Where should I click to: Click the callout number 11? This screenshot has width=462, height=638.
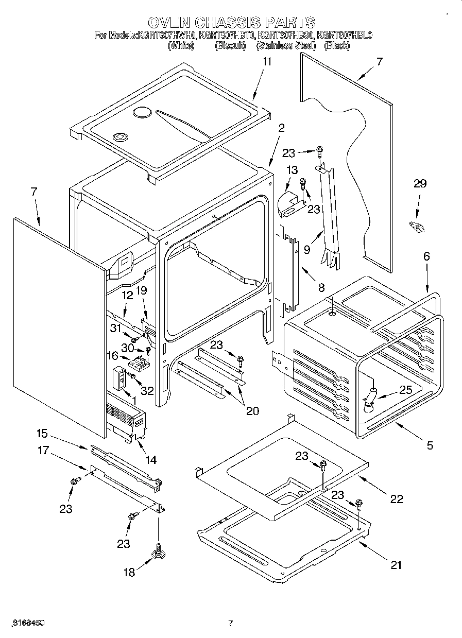[266, 61]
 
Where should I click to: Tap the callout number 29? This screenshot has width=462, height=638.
[420, 184]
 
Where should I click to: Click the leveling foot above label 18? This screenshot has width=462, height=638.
[159, 552]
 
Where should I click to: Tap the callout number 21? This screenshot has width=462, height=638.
[395, 565]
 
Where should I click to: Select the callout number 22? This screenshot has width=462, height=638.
[396, 498]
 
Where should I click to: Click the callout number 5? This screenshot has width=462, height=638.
[430, 445]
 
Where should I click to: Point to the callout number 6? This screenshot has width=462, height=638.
[426, 256]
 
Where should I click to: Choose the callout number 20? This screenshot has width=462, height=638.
[252, 410]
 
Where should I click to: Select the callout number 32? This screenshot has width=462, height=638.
[147, 391]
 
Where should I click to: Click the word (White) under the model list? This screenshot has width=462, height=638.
[181, 46]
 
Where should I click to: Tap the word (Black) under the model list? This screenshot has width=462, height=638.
[337, 46]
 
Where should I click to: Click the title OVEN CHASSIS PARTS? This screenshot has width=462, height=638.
[231, 22]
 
